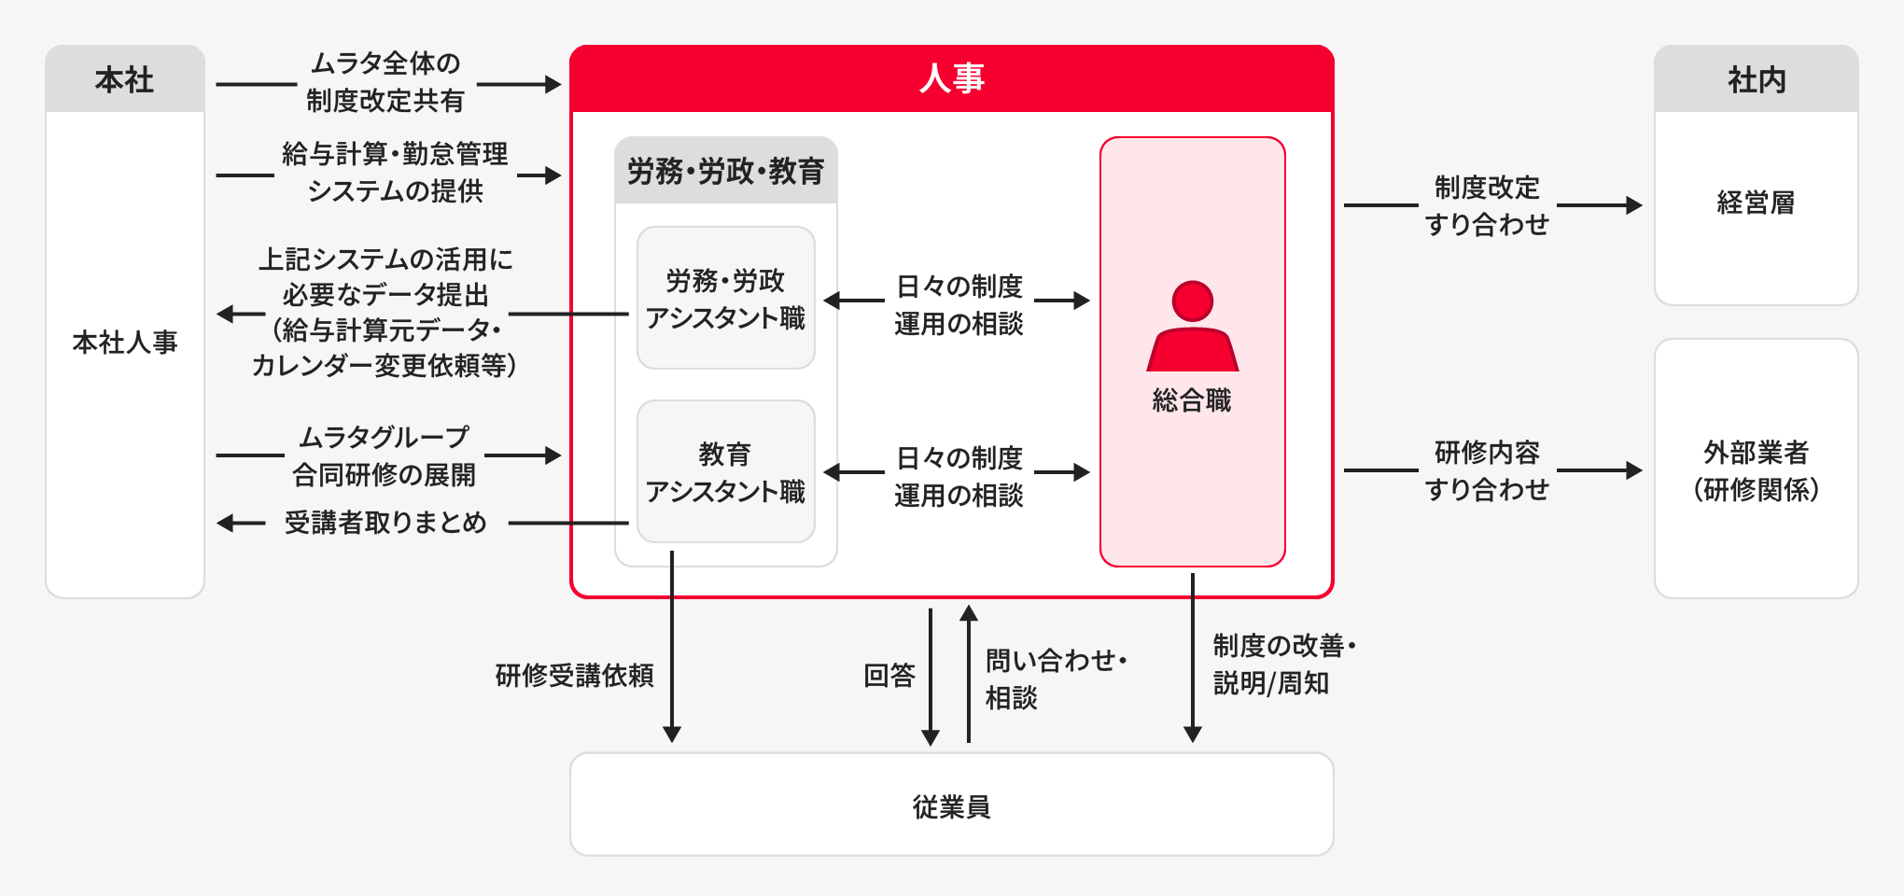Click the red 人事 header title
tap(951, 78)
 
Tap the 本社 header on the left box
tap(124, 80)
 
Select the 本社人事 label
tap(124, 343)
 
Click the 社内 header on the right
tap(1756, 80)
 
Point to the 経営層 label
tap(1756, 203)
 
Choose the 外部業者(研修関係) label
tap(1756, 470)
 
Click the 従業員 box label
tap(951, 805)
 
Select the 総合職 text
tap(1192, 400)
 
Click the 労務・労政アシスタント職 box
tap(725, 299)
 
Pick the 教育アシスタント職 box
tap(725, 472)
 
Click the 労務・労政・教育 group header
tap(725, 172)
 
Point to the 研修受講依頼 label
tap(574, 675)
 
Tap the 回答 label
tap(889, 675)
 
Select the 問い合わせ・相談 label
tap(1055, 679)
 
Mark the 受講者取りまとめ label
tap(385, 523)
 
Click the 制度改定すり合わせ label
tap(1487, 205)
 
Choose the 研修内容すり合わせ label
tap(1487, 470)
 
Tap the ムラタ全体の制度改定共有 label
tap(385, 82)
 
